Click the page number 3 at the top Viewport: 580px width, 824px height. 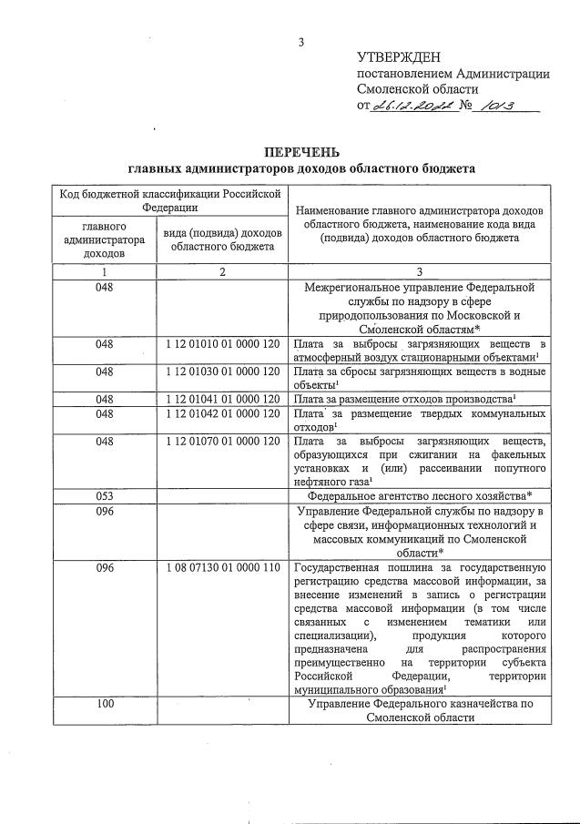coord(301,41)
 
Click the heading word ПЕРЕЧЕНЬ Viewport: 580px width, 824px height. coord(301,151)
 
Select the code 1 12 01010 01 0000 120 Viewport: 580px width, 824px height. coord(223,344)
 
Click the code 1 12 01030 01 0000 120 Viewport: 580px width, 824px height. coord(223,371)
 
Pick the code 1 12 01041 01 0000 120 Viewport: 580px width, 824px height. coord(223,399)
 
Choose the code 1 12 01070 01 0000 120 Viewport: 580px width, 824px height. coord(223,442)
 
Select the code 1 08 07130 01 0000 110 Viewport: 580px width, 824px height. coord(223,567)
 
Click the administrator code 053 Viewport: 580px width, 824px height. coord(105,496)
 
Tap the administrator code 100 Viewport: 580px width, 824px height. coord(105,705)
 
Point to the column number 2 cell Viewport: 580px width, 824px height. coord(223,272)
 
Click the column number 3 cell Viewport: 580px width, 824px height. coord(420,272)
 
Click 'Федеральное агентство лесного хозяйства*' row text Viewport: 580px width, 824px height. coord(420,496)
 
